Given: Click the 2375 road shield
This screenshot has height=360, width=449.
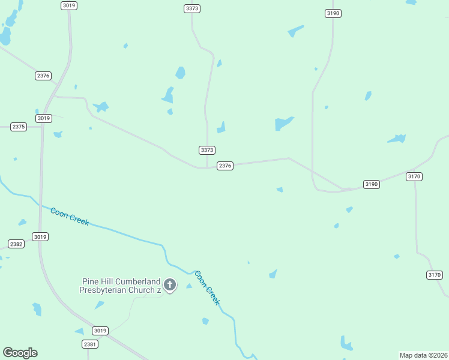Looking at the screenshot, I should coord(19,127).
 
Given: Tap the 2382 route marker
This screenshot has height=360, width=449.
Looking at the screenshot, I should coord(16,244).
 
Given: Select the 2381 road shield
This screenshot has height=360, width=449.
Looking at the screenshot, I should coord(89,344).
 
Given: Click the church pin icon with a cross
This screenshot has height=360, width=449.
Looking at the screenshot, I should coord(170,285).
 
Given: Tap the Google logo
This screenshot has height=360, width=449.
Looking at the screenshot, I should coord(20,353).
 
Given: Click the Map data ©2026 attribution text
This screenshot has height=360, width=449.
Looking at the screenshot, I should coord(423,355).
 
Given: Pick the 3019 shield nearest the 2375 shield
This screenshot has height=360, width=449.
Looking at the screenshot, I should coord(43,118).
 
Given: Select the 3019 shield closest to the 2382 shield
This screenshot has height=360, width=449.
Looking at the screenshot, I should coord(40,237).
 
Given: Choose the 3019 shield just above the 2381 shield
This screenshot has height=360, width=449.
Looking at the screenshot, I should coord(100,331).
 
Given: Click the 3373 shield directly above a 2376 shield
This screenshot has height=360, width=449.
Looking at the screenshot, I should coord(207,150).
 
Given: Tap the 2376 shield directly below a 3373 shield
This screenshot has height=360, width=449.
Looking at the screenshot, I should coord(225,166).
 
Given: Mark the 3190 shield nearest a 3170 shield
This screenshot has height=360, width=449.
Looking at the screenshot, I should coord(372,184).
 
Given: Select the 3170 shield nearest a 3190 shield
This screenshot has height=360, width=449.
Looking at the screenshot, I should coord(414,176).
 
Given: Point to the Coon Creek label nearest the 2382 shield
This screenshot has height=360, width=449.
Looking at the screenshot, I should coord(70,216).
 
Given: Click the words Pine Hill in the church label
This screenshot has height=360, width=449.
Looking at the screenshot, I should coord(95,281).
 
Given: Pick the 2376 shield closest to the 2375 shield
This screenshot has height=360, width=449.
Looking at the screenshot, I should coord(43,76).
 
